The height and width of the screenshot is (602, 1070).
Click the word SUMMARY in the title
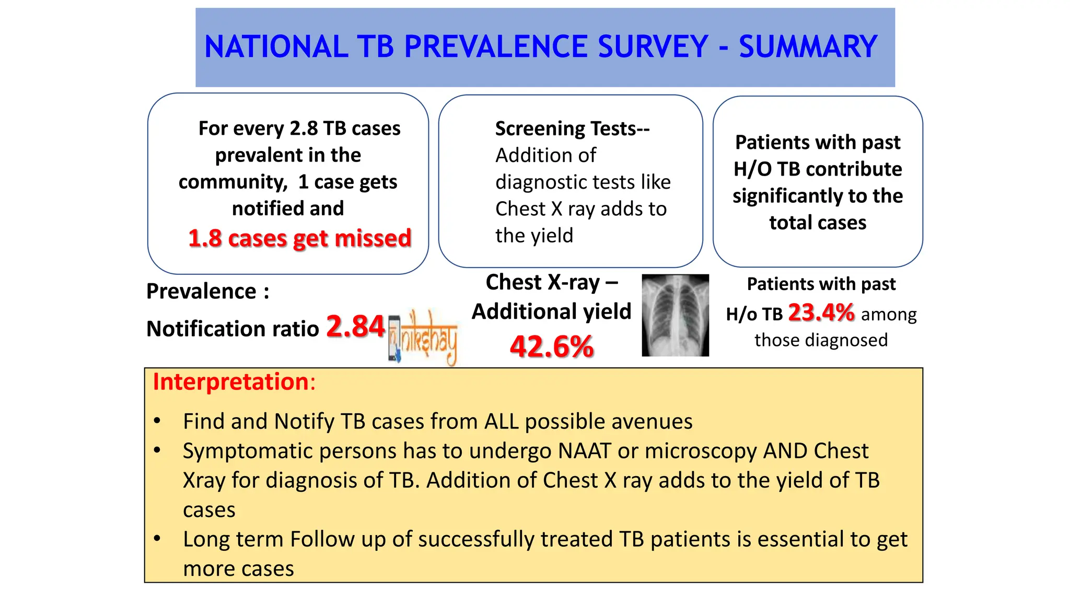click(808, 47)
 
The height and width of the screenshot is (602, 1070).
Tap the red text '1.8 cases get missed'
click(299, 238)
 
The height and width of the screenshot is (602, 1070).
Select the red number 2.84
click(355, 327)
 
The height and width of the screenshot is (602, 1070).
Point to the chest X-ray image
click(675, 315)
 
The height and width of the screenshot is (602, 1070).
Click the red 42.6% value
click(552, 346)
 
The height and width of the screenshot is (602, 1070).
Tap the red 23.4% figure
click(821, 313)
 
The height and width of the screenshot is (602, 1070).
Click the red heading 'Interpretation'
click(231, 381)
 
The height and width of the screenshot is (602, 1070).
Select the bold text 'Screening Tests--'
click(572, 129)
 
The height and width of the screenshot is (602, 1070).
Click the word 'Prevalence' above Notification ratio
click(201, 292)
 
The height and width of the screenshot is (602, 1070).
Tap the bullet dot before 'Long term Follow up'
click(157, 538)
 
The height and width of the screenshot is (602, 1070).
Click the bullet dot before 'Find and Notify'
click(157, 421)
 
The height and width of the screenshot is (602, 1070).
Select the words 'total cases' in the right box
click(817, 223)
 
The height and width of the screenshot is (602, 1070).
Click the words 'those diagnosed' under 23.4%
click(821, 340)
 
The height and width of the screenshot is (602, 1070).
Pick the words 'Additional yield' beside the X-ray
click(552, 311)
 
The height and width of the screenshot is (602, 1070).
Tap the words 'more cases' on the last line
click(238, 569)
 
